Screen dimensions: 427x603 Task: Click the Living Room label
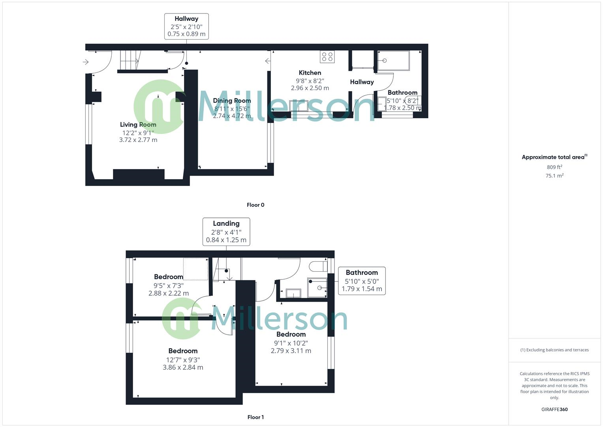point(138,125)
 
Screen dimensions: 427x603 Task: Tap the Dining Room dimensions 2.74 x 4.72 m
point(232,116)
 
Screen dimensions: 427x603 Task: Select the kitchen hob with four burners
point(327,57)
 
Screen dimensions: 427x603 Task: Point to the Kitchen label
point(310,73)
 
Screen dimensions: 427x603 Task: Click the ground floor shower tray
point(393,60)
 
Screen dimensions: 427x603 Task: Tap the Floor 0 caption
point(255,205)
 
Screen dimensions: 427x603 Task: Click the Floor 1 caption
point(255,417)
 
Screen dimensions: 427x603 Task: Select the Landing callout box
point(226,232)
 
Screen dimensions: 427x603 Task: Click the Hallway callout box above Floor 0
point(186,26)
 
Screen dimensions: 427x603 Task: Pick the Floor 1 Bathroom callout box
point(362,281)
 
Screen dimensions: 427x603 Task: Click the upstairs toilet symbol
point(318,266)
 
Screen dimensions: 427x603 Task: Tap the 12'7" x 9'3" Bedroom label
point(183,351)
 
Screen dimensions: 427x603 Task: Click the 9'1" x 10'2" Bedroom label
point(291,334)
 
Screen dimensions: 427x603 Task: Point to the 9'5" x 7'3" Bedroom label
point(169,277)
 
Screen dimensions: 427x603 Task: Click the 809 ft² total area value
point(554,167)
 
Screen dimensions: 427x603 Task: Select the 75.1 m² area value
point(554,176)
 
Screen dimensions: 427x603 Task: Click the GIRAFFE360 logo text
point(554,409)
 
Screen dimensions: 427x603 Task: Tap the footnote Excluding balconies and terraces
point(554,350)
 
